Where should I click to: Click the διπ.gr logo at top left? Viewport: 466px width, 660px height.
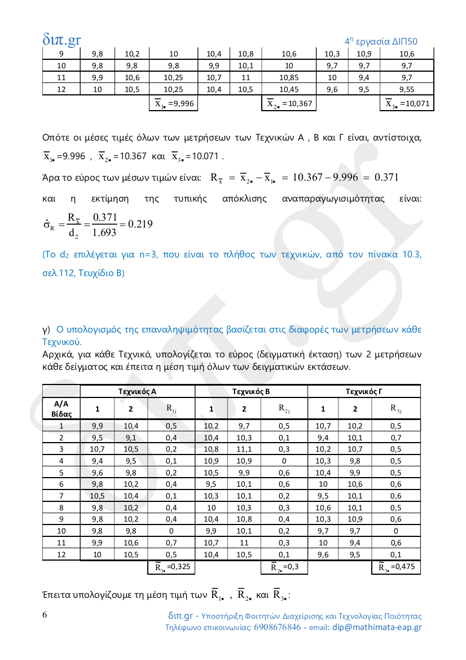61,40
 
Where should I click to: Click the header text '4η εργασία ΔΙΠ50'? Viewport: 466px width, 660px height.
381,41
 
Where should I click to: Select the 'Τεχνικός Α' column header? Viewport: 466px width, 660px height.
137,391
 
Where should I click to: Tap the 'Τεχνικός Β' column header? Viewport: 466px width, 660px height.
251,391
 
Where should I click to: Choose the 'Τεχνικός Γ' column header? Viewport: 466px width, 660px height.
364,391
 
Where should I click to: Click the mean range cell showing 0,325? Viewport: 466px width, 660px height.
172,567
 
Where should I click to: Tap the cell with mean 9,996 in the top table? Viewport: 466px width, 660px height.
175,103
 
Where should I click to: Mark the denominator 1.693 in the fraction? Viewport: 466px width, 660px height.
105,231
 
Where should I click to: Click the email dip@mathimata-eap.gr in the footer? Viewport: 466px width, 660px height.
377,627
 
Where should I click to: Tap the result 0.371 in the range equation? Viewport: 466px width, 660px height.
384,177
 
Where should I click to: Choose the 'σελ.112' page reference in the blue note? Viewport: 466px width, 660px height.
57,273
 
